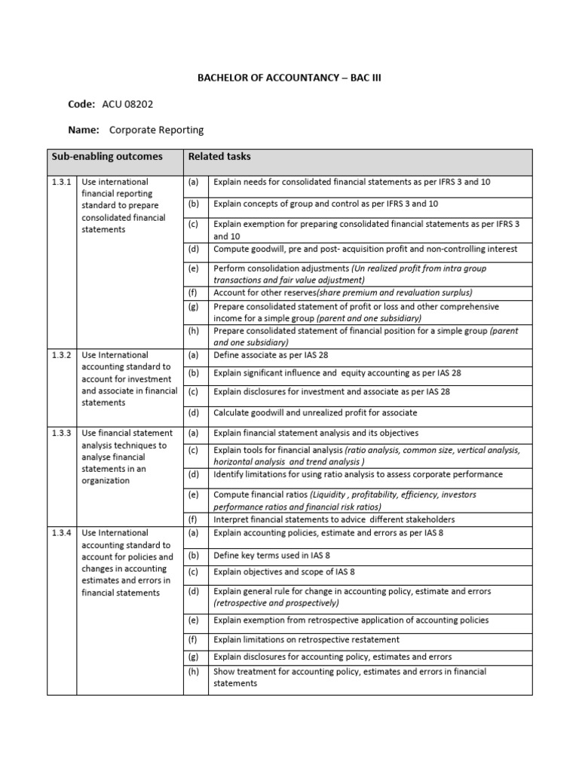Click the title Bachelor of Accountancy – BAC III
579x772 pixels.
[x=289, y=77]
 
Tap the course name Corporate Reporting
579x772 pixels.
[x=157, y=130]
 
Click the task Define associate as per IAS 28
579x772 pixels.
[x=271, y=355]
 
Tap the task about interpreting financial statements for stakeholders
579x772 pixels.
[x=334, y=519]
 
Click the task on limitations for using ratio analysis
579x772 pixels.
[x=358, y=474]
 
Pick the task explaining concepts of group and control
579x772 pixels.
[x=326, y=204]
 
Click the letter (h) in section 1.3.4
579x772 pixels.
[x=194, y=672]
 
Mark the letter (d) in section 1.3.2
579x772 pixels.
[x=194, y=413]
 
